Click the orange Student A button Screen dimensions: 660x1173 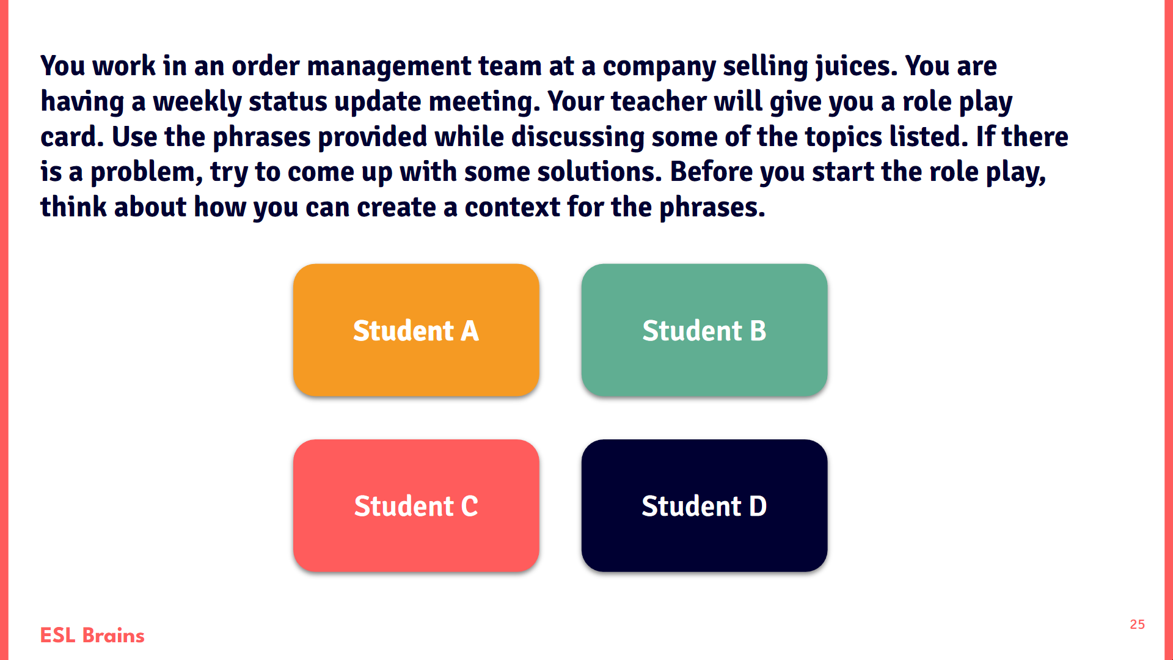pyautogui.click(x=416, y=330)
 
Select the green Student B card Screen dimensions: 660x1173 pyautogui.click(x=704, y=330)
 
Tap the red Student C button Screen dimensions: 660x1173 pyautogui.click(x=416, y=505)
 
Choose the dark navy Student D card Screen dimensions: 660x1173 pyautogui.click(x=704, y=505)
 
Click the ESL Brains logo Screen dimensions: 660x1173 pyautogui.click(x=92, y=636)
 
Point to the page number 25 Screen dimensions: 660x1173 pyautogui.click(x=1137, y=625)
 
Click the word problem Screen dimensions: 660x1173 pyautogui.click(x=146, y=172)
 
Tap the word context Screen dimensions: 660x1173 pyautogui.click(x=512, y=207)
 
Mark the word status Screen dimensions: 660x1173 pyautogui.click(x=288, y=101)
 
